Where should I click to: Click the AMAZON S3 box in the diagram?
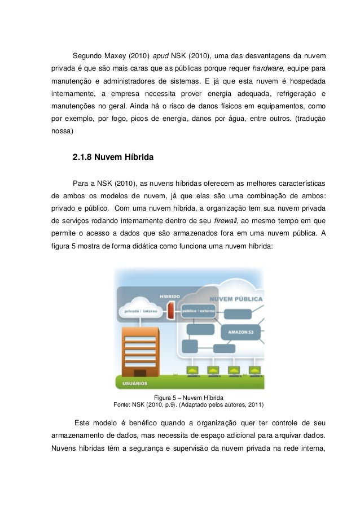(x=241, y=332)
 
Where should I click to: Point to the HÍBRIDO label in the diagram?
(x=169, y=295)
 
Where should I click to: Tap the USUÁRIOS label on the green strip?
(x=132, y=384)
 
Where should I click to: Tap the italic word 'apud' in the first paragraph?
(x=161, y=56)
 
